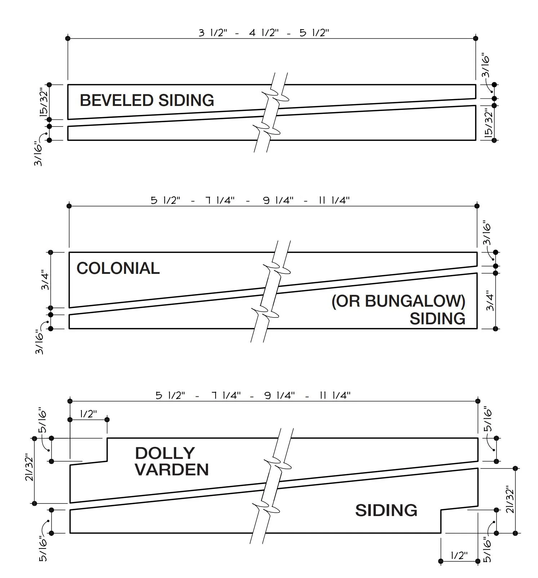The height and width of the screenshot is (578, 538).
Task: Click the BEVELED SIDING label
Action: pyautogui.click(x=147, y=100)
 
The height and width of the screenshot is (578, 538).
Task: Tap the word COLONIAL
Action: pyautogui.click(x=118, y=268)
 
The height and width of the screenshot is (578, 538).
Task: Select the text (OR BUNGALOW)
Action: pyautogui.click(x=398, y=301)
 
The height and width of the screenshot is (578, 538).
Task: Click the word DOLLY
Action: pyautogui.click(x=165, y=453)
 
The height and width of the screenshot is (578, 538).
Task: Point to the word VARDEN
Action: pyautogui.click(x=172, y=470)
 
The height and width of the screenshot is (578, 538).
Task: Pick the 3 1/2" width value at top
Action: pyautogui.click(x=213, y=33)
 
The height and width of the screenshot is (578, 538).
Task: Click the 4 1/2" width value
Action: pyautogui.click(x=264, y=33)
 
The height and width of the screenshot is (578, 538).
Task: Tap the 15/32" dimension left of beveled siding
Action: pyautogui.click(x=44, y=102)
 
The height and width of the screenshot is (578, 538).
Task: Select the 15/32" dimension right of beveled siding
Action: pyautogui.click(x=488, y=123)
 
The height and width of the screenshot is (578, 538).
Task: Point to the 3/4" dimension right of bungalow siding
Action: pyautogui.click(x=490, y=301)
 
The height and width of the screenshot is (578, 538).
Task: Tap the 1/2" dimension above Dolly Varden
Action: pyautogui.click(x=88, y=414)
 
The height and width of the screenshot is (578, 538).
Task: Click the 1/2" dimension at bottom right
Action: pyautogui.click(x=459, y=555)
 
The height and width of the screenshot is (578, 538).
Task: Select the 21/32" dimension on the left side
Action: pyautogui.click(x=29, y=468)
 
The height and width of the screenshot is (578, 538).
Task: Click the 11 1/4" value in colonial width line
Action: pyautogui.click(x=334, y=200)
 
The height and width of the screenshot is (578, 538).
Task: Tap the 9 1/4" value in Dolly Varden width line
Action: pyautogui.click(x=279, y=396)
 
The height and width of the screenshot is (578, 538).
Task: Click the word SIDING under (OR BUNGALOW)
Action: pyautogui.click(x=437, y=319)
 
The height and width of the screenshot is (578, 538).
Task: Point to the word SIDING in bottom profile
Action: pyautogui.click(x=386, y=510)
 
